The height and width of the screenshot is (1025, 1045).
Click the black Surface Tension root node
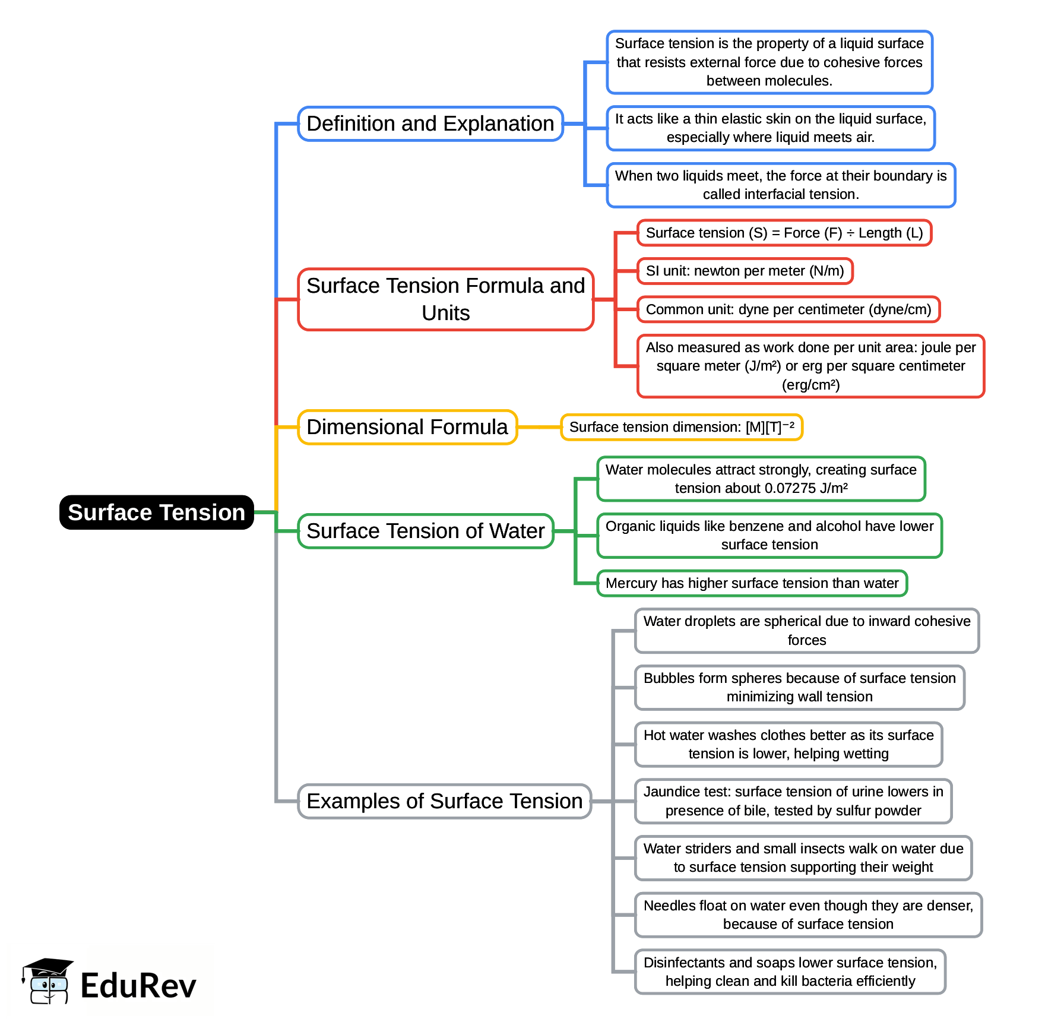[156, 512]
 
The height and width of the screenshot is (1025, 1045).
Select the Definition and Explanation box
[430, 124]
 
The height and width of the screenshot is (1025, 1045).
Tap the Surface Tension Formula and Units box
[445, 299]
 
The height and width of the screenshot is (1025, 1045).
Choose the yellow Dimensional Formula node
[407, 427]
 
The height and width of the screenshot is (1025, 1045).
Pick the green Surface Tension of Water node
[425, 531]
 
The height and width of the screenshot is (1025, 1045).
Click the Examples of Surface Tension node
[444, 801]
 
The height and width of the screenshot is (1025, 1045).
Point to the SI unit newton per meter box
[745, 271]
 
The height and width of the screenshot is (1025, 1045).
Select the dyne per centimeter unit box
[788, 309]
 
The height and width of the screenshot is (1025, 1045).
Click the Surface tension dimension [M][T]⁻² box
[681, 427]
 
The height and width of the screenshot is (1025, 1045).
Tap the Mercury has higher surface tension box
[752, 583]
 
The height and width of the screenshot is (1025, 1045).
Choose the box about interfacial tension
[780, 185]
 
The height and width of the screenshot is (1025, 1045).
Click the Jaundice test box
[793, 801]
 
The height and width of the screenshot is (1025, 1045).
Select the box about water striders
[803, 858]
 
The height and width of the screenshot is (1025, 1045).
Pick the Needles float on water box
[807, 915]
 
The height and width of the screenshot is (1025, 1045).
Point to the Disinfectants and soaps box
[790, 972]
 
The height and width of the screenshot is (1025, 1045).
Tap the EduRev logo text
[138, 986]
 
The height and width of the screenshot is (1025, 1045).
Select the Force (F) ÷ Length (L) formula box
[784, 233]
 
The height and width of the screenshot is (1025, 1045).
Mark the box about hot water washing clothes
[788, 744]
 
